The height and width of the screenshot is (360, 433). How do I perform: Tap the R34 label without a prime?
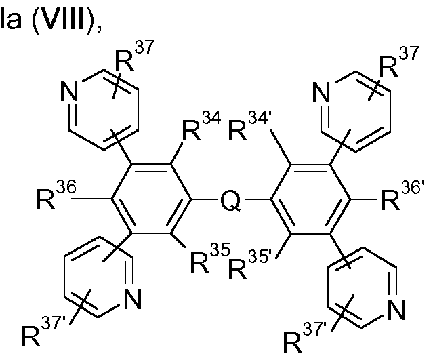(201, 127)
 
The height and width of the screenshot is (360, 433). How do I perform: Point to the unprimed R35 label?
(210, 258)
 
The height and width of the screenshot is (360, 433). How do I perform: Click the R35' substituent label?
(251, 264)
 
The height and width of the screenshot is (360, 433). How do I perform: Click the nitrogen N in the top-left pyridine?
(69, 92)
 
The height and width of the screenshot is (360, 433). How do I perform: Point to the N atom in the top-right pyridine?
(322, 92)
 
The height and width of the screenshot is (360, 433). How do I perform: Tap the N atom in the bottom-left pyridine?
(133, 300)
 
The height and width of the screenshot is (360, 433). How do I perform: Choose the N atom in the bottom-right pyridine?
(396, 309)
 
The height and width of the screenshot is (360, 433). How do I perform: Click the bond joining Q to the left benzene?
(205, 199)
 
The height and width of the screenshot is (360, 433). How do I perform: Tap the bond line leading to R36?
(91, 199)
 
